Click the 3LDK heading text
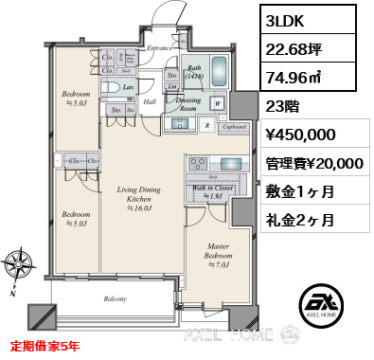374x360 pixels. click(289, 21)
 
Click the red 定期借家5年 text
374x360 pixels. click(46, 347)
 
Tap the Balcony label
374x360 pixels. click(115, 299)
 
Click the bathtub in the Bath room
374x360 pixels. click(218, 71)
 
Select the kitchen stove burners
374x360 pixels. click(197, 164)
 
